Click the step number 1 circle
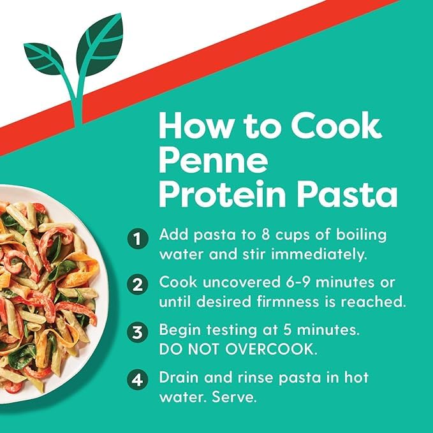[138, 239]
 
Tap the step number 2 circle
[138, 285]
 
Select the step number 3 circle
[138, 332]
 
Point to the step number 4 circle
[138, 379]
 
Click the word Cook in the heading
[336, 126]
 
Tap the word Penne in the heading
[213, 160]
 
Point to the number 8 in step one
[265, 235]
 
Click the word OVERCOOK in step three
[270, 349]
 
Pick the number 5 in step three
[288, 330]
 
